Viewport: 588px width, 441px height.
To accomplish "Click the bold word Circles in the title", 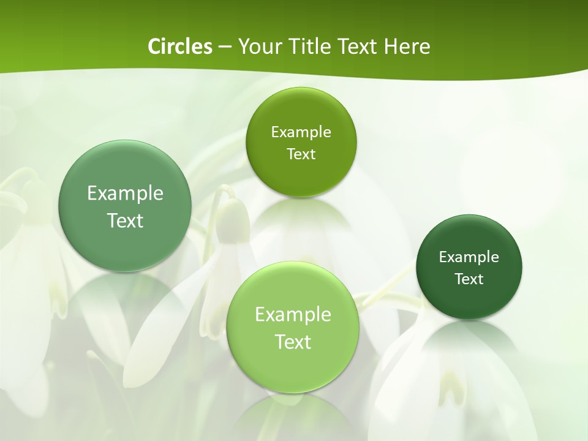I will [179, 47].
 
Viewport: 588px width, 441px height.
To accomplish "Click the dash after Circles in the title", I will [224, 47].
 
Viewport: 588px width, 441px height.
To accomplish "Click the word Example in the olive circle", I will [301, 132].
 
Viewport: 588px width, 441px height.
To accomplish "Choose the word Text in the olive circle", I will [301, 154].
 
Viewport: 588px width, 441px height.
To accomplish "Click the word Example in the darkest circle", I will [469, 257].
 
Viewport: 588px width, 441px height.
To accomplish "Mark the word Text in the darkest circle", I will [469, 279].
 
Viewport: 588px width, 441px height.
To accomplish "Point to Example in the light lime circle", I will [293, 315].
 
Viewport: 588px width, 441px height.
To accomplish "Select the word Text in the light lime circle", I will [293, 342].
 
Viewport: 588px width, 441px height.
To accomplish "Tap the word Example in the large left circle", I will [125, 194].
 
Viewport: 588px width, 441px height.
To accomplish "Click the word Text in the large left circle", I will [125, 221].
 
